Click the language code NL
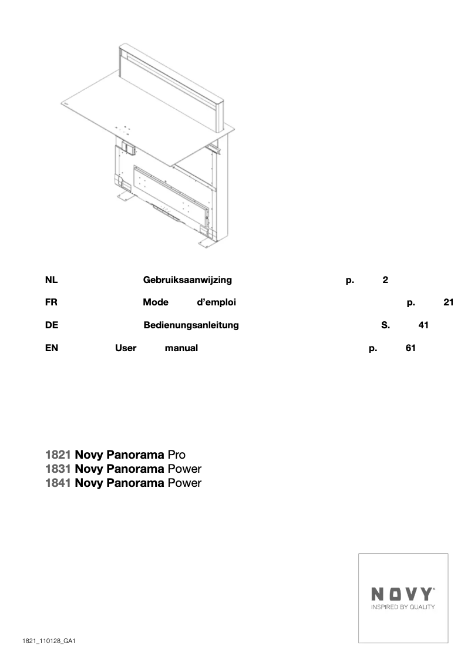tap(51, 280)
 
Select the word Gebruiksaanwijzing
tap(187, 280)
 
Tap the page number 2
tap(385, 280)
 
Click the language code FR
tap(51, 302)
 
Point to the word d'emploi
tap(216, 302)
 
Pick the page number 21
tap(449, 302)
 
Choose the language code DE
tap(51, 325)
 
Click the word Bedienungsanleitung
tap(191, 325)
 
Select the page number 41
tap(423, 325)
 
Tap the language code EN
tap(52, 348)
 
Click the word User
tap(126, 348)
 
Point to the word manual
tap(181, 348)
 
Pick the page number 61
tap(411, 348)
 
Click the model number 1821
tap(58, 455)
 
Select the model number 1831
tap(58, 469)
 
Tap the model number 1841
tap(58, 483)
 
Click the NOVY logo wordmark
tap(403, 594)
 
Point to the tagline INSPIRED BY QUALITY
tap(403, 607)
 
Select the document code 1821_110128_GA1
tap(50, 641)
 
